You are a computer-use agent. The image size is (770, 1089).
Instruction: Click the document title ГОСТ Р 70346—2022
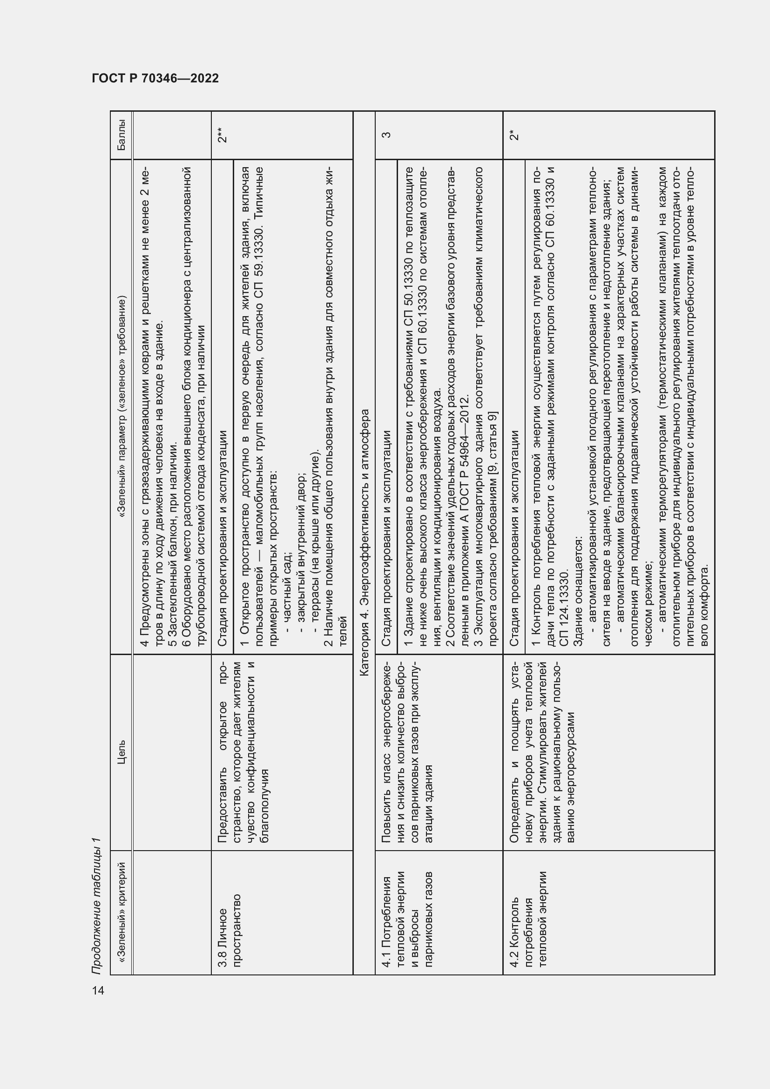[155, 78]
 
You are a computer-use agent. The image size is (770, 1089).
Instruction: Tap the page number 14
[98, 990]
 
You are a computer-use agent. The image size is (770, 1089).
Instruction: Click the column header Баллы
[122, 135]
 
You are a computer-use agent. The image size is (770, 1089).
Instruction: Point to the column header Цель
[122, 752]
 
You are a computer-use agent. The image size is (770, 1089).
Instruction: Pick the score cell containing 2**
[222, 135]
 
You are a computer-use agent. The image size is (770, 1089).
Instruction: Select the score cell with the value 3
[386, 135]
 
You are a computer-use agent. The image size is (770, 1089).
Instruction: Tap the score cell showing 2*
[513, 135]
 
